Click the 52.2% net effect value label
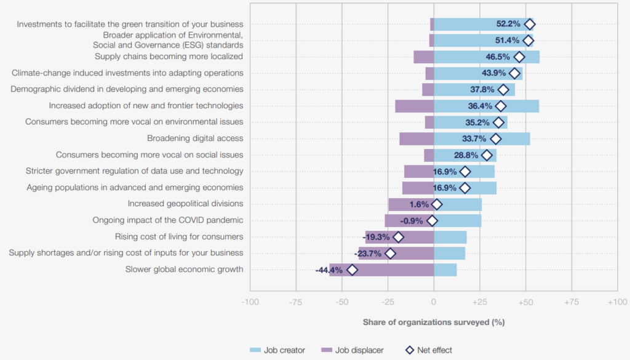coord(508,24)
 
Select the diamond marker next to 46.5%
coord(520,57)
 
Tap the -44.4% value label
coord(329,270)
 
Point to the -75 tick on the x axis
coord(296,303)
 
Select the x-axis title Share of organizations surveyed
coord(433,322)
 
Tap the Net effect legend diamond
coord(407,350)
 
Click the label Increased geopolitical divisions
coord(185,204)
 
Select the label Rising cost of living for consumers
coord(179,236)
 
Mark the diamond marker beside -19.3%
coord(398,237)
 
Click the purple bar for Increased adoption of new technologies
coord(414,106)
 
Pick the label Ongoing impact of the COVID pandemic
coord(167,220)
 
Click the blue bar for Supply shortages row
coord(450,253)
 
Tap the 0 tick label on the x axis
coord(434,303)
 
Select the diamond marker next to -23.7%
coord(390,253)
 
